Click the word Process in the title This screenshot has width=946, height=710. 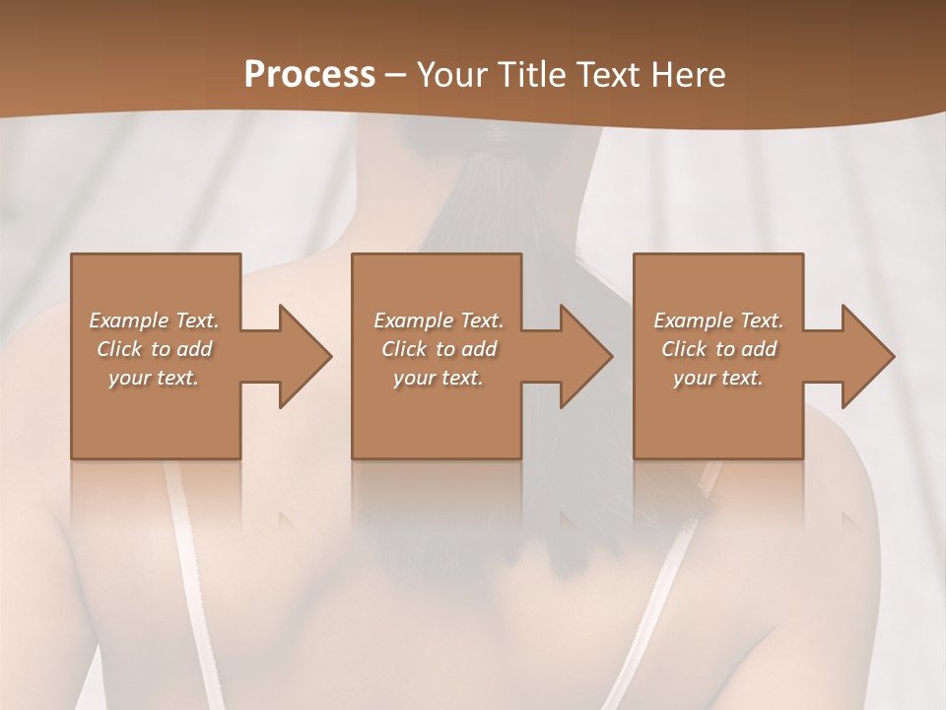pos(309,74)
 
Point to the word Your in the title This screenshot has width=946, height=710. pos(449,74)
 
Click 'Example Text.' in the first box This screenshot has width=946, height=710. pos(155,320)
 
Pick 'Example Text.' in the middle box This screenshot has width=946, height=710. pos(439,320)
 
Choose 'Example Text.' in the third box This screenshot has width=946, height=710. pos(718,320)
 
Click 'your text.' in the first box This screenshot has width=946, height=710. pos(155,378)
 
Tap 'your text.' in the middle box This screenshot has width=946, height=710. pos(439,378)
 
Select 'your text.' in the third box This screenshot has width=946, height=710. pos(718,378)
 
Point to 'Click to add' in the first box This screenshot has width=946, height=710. pos(155,349)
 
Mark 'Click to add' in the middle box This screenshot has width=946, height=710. pos(439,349)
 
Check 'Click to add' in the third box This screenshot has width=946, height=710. pos(718,349)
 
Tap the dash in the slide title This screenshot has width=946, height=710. pos(396,75)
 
